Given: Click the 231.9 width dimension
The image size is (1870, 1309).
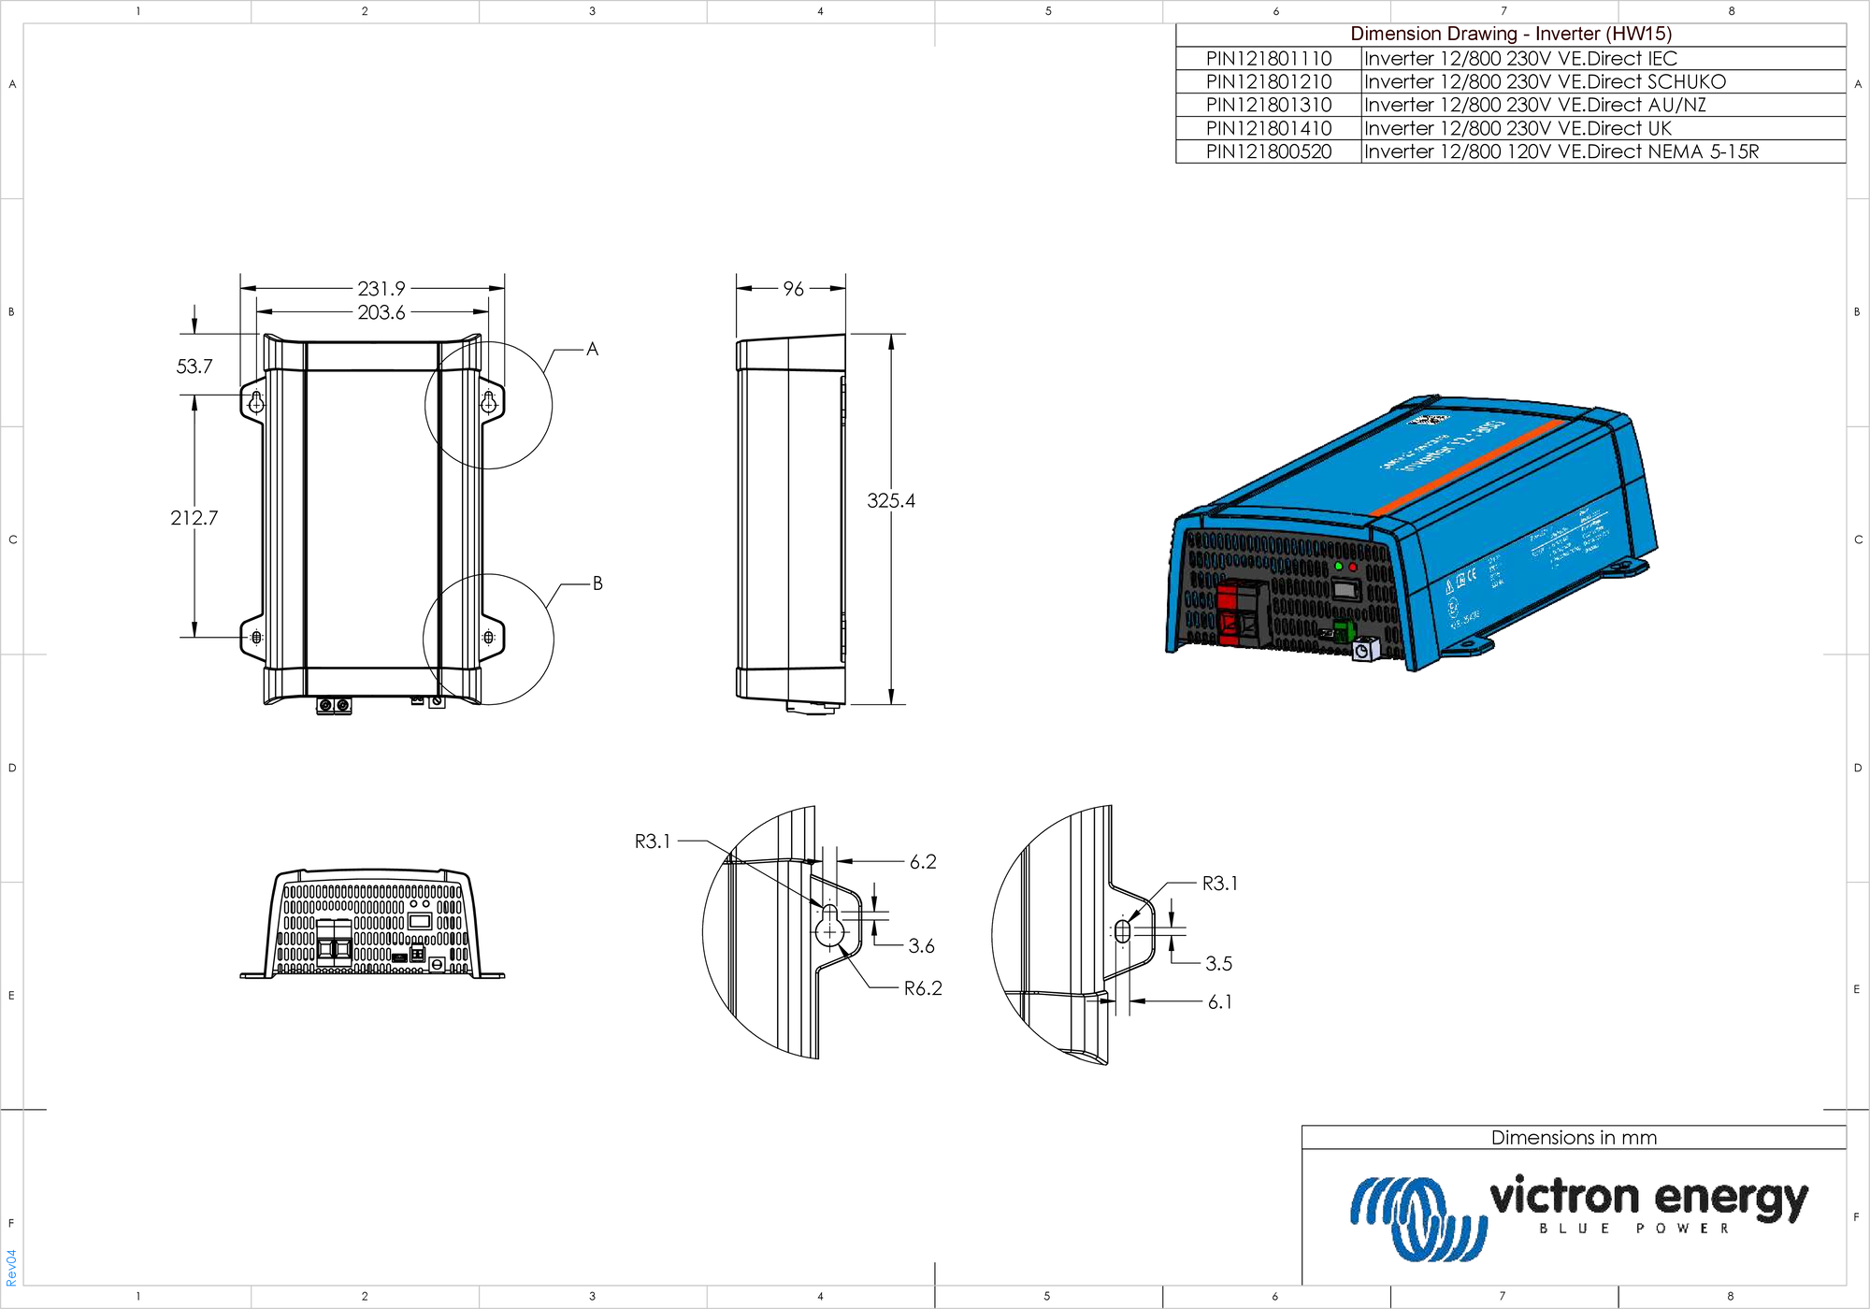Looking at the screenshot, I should coord(381,289).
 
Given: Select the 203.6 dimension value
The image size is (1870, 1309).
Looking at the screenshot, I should coord(381,312).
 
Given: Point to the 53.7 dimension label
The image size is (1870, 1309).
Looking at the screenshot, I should coord(194,367).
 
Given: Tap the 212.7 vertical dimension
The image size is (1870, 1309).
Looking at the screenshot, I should coord(194,518).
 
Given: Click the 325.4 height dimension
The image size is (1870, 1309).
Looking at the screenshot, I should coord(890,501).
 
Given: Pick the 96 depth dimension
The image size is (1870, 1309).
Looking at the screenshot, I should coord(793,289).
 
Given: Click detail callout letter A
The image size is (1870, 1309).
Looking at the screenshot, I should coord(592,350).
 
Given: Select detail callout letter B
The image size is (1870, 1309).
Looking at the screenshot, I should coord(597,583).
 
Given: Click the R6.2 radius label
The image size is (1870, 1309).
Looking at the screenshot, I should coord(923,988).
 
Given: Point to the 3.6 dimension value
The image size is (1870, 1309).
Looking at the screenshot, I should coord(921,946).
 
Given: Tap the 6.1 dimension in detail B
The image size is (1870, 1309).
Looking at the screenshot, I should coord(1219,1002).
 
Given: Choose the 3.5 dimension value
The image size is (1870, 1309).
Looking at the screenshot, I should coord(1218,963).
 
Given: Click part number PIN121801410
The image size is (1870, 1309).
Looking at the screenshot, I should coord(1268,128).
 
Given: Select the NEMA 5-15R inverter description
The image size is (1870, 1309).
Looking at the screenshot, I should coord(1561,151).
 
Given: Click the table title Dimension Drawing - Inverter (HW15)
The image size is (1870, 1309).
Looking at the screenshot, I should coord(1510,34).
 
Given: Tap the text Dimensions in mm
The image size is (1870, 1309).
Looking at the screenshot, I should coord(1574,1138).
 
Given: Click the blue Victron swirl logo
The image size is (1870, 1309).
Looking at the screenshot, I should coord(1417,1218).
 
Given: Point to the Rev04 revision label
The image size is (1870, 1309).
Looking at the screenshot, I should coord(11,1267).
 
